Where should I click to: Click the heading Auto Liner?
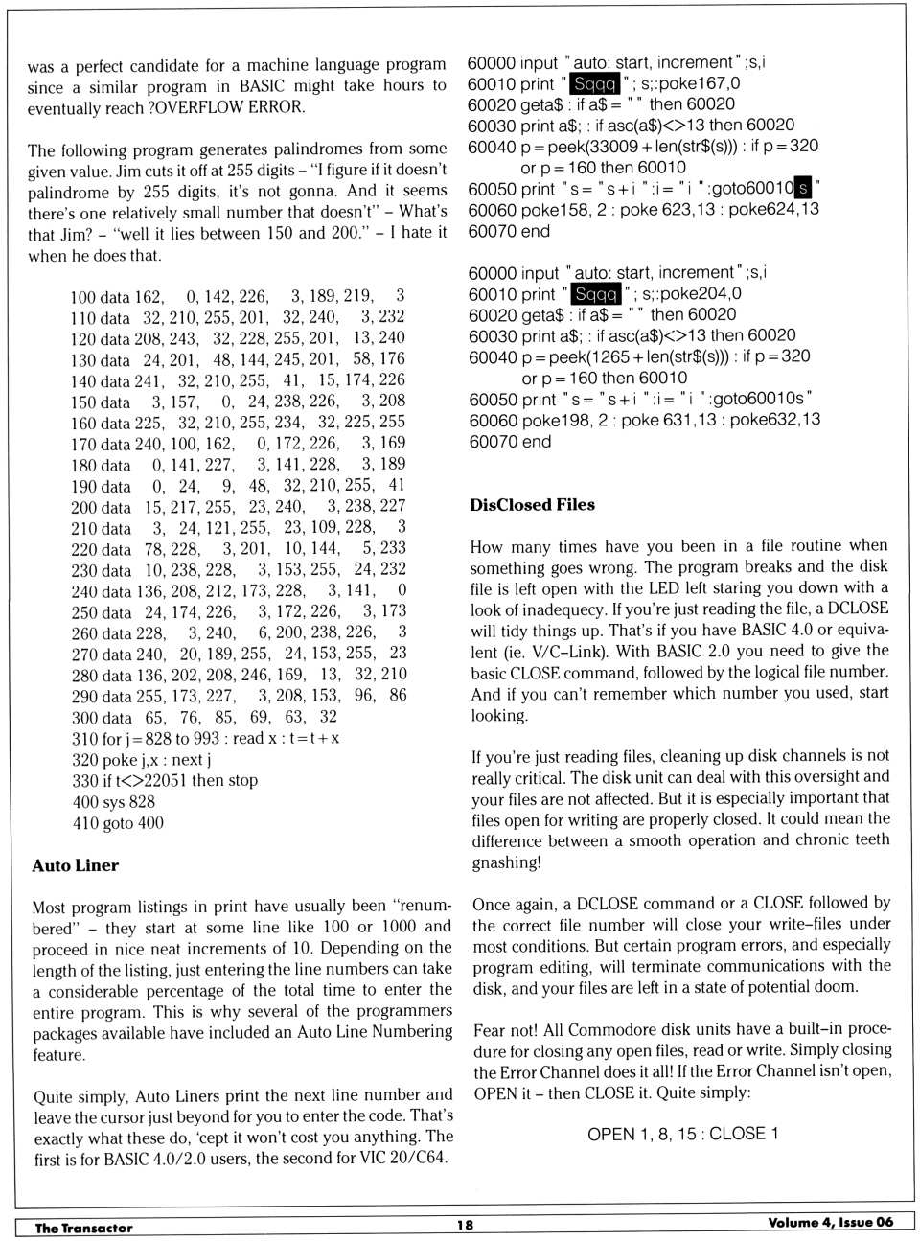coord(75,865)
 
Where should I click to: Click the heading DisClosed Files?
coord(532,505)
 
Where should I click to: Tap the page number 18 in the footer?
coord(465,1224)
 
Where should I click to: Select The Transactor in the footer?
coord(83,1228)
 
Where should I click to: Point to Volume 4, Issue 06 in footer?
coord(830,1222)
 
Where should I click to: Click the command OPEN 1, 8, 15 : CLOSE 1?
coord(682,1134)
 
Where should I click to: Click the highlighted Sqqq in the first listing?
coord(595,84)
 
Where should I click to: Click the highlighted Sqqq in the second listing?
coord(596,294)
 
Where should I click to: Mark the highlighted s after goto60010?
coord(803,188)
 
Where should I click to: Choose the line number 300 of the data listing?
coord(86,718)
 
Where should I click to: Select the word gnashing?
coord(506,862)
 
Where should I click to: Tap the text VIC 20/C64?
coord(403,1158)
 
